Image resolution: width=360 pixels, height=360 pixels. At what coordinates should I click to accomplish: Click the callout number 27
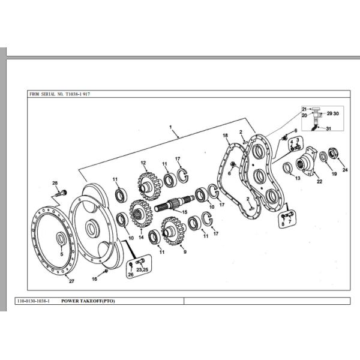click(71, 281)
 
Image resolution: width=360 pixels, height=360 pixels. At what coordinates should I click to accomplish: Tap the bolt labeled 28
click(59, 193)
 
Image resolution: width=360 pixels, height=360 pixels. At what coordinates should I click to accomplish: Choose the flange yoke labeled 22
click(312, 160)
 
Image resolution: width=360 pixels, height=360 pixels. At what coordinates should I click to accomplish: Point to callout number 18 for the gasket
click(226, 136)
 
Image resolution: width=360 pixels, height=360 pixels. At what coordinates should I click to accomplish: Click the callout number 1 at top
click(171, 127)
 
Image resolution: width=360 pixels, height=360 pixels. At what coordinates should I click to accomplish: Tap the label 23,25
click(142, 270)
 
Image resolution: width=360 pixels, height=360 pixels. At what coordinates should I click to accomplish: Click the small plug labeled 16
click(106, 271)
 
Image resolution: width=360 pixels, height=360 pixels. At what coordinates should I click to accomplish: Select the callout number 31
click(328, 129)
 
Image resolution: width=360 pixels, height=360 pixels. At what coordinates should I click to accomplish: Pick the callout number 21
click(304, 109)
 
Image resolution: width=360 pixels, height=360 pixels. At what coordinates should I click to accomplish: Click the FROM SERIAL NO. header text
click(60, 94)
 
